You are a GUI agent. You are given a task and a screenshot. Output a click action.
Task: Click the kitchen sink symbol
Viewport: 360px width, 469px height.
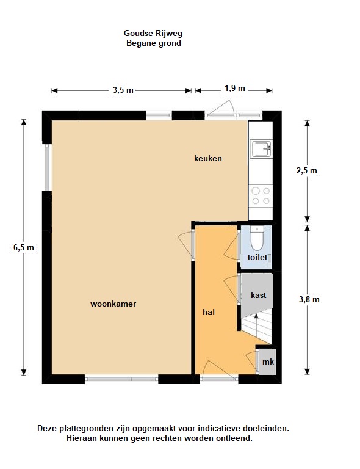[261, 148]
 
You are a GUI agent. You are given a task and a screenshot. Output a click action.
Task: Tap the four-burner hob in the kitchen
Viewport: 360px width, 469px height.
[261, 196]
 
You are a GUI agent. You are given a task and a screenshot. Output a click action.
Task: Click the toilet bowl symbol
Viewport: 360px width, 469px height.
[257, 238]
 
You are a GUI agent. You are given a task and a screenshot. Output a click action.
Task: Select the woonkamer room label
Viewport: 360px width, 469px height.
[113, 304]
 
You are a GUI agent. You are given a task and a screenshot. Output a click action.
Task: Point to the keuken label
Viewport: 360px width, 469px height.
[208, 158]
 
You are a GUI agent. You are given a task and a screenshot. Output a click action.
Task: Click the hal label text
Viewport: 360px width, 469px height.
[209, 312]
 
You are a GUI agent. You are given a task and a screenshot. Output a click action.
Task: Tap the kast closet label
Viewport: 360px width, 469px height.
[259, 295]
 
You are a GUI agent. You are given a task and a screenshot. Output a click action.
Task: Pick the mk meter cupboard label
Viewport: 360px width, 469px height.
[268, 362]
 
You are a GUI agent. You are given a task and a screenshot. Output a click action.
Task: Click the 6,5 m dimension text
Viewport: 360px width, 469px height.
[24, 248]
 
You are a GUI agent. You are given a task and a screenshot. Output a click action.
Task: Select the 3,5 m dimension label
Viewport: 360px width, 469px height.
[123, 90]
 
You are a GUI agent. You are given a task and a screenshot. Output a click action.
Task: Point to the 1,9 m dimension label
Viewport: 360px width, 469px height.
[235, 88]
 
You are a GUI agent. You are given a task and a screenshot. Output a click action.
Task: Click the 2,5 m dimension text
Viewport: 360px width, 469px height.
[306, 170]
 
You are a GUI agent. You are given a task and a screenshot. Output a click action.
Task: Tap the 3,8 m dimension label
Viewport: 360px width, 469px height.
[309, 299]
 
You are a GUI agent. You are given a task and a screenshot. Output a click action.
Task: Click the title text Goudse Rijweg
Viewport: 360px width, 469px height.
[153, 33]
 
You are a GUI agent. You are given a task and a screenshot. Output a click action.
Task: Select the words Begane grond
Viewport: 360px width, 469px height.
[154, 43]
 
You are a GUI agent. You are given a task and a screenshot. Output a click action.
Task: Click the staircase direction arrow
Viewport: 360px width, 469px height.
[256, 326]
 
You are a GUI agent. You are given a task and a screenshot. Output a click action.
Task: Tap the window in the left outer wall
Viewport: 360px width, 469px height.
[47, 167]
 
